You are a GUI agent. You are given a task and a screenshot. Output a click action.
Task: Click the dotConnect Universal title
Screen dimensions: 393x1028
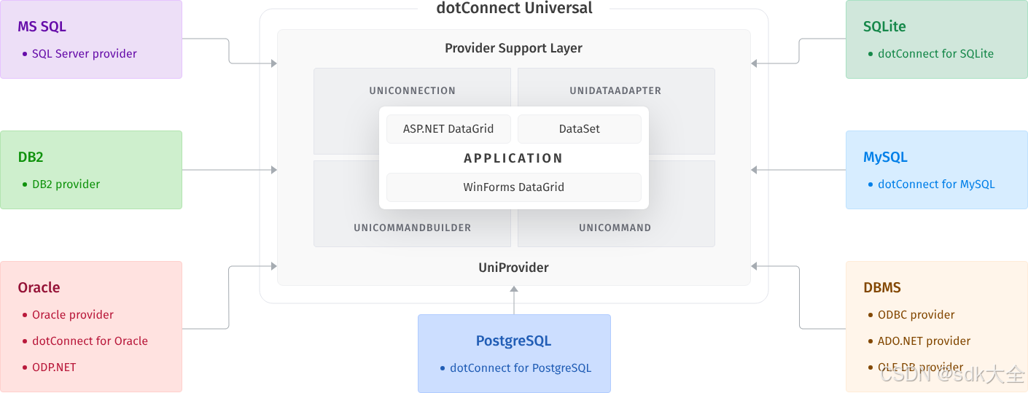click(514, 9)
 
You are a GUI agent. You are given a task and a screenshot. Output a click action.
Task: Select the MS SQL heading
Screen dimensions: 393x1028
click(42, 26)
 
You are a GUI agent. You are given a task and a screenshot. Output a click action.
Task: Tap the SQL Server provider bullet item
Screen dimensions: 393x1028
click(84, 53)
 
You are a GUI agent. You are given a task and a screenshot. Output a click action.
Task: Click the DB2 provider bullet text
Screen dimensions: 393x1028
click(66, 184)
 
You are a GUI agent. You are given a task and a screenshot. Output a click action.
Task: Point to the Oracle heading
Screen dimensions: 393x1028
click(39, 287)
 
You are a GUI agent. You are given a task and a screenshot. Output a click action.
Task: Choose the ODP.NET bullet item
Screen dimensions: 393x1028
click(54, 367)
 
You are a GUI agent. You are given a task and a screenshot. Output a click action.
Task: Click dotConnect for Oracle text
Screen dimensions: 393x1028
click(90, 341)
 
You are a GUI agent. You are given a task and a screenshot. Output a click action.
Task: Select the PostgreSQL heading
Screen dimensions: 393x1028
click(513, 341)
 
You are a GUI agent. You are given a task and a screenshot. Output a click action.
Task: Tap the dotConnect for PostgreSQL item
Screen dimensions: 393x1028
click(521, 367)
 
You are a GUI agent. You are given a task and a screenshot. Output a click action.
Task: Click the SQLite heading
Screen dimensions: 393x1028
click(884, 26)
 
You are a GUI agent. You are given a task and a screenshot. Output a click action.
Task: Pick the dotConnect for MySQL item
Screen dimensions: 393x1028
click(935, 184)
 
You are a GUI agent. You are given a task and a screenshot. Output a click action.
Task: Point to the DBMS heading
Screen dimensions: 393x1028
click(882, 287)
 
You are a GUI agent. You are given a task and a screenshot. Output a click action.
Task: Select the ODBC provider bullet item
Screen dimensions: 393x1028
click(916, 314)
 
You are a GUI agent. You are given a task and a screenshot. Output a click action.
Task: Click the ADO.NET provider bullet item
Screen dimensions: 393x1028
click(924, 341)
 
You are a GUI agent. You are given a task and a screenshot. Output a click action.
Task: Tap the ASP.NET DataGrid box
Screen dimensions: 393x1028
click(448, 129)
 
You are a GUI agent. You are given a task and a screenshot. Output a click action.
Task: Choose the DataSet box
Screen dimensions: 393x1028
click(580, 129)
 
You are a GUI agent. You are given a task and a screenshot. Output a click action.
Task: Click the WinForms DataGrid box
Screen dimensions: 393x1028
click(514, 187)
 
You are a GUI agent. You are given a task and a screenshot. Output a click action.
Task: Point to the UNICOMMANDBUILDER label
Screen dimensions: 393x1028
click(412, 227)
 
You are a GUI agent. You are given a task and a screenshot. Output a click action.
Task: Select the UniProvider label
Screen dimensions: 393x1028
click(514, 268)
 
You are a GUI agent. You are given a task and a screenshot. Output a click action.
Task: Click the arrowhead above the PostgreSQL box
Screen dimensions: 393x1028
click(514, 289)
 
